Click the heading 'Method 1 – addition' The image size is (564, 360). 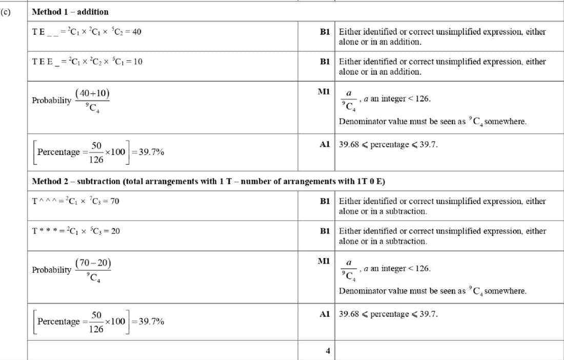[x=70, y=11]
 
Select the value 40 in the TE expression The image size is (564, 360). [x=137, y=32]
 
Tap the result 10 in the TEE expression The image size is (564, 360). [x=138, y=62]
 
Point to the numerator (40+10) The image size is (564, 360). [x=92, y=93]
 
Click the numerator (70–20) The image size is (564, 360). [x=93, y=263]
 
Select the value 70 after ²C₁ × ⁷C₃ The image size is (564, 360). [x=114, y=201]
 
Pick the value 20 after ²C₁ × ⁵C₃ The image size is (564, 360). [x=115, y=231]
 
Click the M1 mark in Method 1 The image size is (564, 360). [x=324, y=91]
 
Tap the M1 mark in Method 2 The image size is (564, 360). [x=324, y=261]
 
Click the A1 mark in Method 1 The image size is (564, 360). [x=324, y=145]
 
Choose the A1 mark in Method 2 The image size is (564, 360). [x=324, y=314]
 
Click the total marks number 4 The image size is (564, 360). [x=328, y=351]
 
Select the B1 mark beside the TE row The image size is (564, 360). [x=324, y=32]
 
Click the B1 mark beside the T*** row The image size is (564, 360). [x=324, y=231]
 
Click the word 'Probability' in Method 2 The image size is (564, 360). [x=52, y=270]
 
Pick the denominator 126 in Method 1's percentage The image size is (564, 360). [x=96, y=159]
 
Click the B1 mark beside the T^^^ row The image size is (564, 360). [x=324, y=201]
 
